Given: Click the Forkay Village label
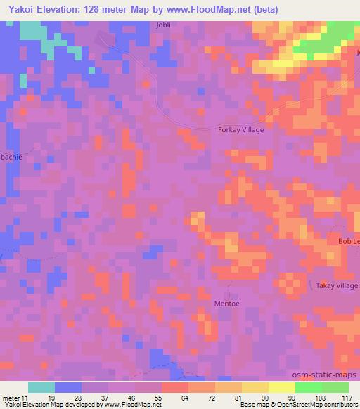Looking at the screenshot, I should pyautogui.click(x=241, y=129).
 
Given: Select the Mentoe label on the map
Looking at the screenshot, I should pyautogui.click(x=226, y=304).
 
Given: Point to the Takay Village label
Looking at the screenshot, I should pyautogui.click(x=336, y=286).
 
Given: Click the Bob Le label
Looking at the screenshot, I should pyautogui.click(x=348, y=242).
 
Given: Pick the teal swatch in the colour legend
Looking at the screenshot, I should pyautogui.click(x=41, y=387).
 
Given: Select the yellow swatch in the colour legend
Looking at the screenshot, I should pyautogui.click(x=282, y=387).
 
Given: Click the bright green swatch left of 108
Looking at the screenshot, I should pyautogui.click(x=309, y=387).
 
